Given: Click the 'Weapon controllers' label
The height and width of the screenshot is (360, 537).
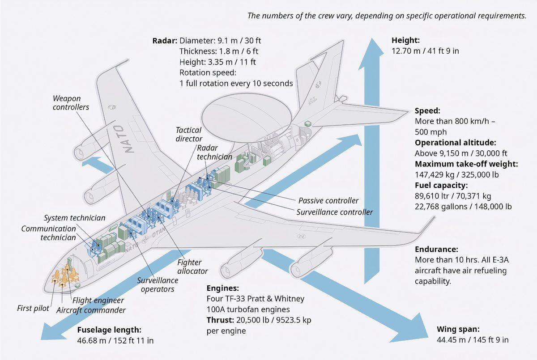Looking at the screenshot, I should (x=71, y=102).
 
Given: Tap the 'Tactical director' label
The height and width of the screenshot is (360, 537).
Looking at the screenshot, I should (x=188, y=135).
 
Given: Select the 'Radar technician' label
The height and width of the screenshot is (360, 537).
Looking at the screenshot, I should (x=215, y=152).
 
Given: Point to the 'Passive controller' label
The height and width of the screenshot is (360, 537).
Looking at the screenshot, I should (x=328, y=201).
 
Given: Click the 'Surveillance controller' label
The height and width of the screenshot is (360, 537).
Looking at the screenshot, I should (x=334, y=212).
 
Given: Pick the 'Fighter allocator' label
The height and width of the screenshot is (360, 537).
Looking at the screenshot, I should (x=192, y=267).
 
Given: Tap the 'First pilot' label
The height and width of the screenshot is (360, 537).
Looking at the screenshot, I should (x=33, y=308).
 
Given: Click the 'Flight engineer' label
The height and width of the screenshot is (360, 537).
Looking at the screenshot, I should (x=98, y=301).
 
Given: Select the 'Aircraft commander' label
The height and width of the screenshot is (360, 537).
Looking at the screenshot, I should (x=91, y=310).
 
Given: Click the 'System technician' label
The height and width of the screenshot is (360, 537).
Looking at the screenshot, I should (x=75, y=218).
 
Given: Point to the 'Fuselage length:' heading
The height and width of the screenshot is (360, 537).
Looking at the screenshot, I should (x=109, y=330).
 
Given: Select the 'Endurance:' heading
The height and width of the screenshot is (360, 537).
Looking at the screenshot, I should (x=436, y=249).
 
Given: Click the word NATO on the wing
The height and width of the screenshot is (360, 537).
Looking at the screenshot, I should (x=128, y=139).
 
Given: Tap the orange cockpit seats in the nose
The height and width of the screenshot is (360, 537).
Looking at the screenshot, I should (x=62, y=276).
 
